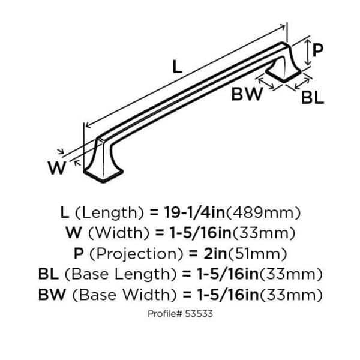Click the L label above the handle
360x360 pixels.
click(x=178, y=67)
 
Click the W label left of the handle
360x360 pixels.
click(x=56, y=169)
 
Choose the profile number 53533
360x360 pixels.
click(x=199, y=313)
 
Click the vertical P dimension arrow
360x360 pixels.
click(x=308, y=52)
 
